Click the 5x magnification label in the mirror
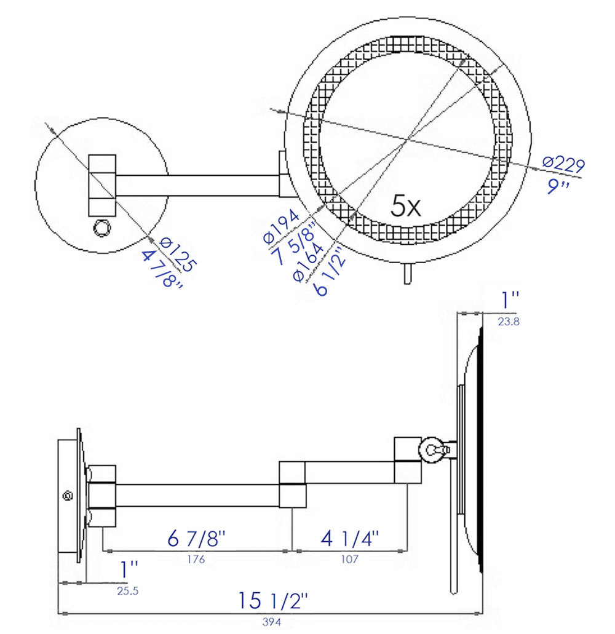[406, 207]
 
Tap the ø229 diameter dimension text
[563, 164]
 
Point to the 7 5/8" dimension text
[295, 244]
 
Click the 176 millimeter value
[196, 560]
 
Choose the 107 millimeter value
[349, 560]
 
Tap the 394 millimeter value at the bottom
[268, 622]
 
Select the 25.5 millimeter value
[127, 591]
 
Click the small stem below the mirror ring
[407, 274]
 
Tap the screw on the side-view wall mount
[68, 495]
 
